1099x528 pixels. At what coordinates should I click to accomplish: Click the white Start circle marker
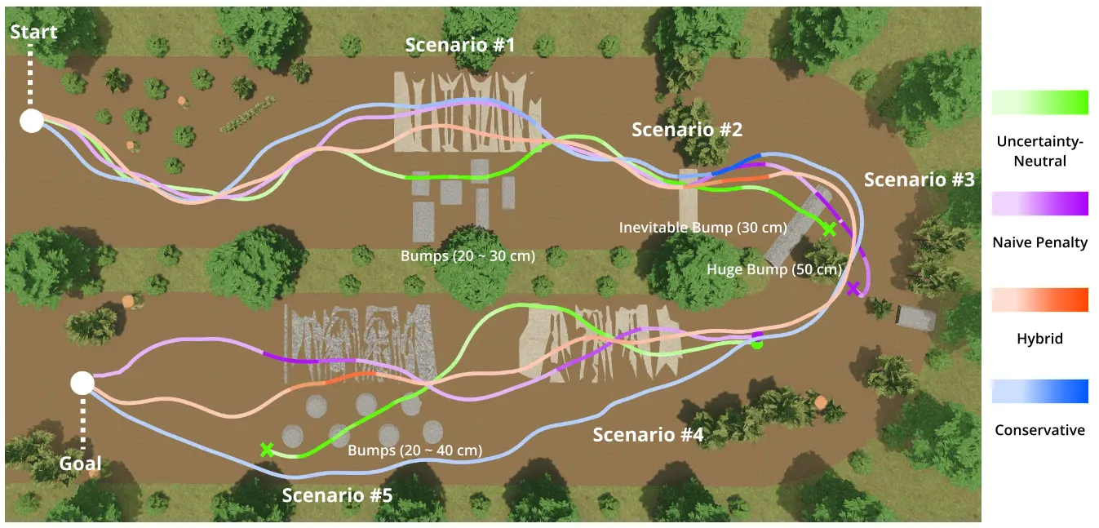click(31, 121)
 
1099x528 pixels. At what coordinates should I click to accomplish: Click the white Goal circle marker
click(82, 383)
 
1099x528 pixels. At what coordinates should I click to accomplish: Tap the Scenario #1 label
click(460, 45)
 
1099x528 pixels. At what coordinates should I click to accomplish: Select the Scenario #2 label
click(687, 130)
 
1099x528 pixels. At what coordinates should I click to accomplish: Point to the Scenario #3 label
click(919, 180)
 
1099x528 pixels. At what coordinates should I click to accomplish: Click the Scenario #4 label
click(648, 434)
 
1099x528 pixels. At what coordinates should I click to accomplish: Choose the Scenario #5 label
click(337, 495)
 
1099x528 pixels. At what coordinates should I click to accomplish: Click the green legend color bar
click(1039, 102)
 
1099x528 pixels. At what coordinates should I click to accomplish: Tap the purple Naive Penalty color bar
click(1039, 203)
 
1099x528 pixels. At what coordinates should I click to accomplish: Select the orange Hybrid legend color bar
click(1039, 299)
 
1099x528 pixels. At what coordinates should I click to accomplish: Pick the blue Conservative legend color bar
click(1039, 392)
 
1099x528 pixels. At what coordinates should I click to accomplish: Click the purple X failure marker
click(853, 288)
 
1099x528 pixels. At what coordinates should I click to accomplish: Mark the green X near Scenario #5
click(266, 449)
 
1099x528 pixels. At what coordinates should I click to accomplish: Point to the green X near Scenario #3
click(829, 229)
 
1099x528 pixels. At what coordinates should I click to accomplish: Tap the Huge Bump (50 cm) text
click(773, 269)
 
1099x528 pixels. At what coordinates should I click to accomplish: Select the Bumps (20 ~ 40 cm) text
click(414, 450)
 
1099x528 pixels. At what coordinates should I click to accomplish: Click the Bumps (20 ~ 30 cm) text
click(468, 255)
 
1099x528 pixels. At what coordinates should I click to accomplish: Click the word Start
click(33, 32)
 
